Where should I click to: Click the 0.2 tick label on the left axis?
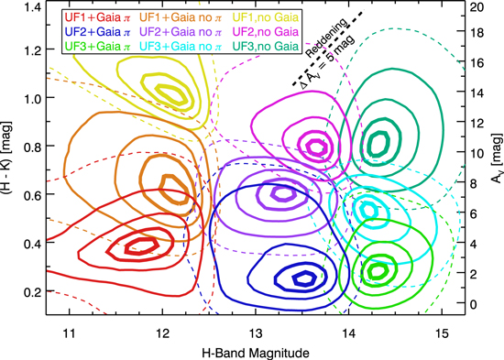(x=31, y=291)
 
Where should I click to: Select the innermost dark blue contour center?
(x=300, y=278)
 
